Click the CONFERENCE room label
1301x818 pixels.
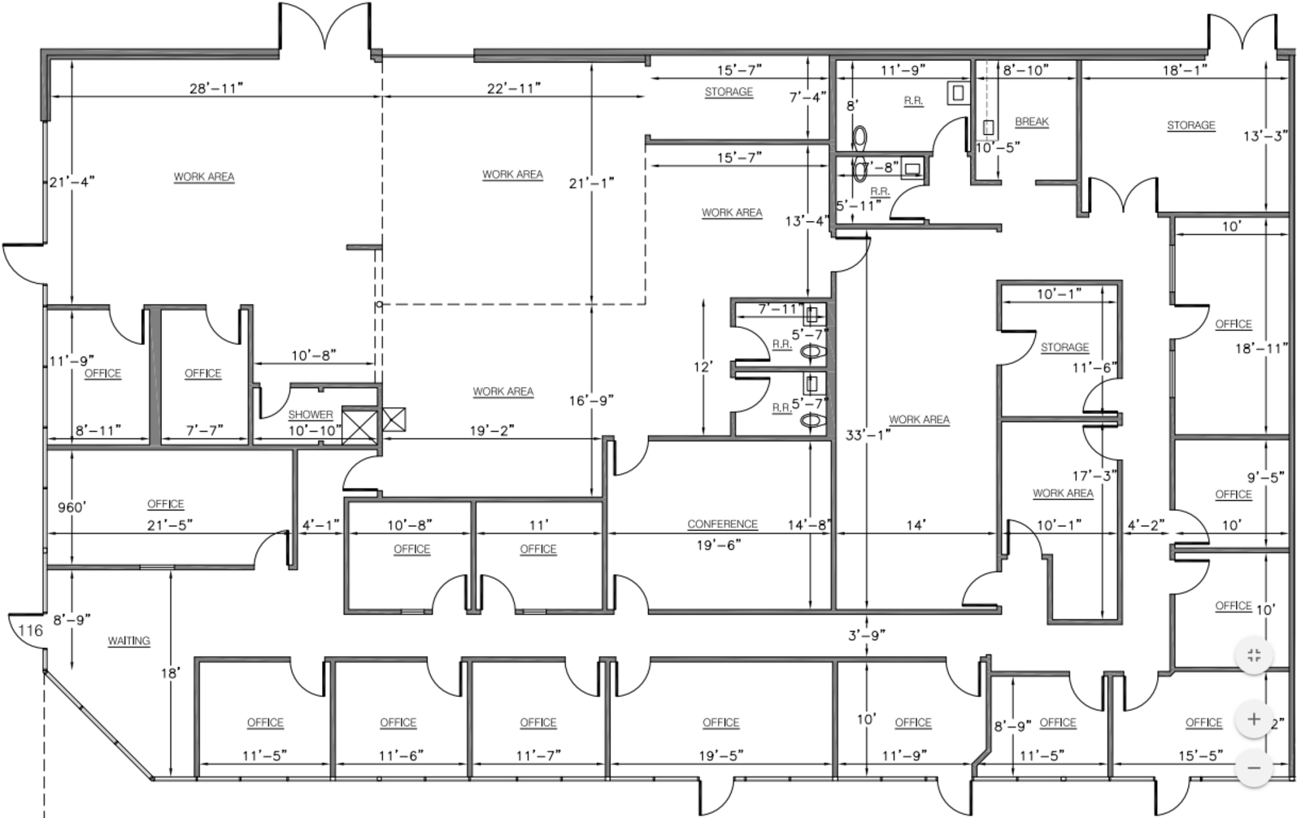(x=723, y=524)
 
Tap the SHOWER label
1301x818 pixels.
(x=311, y=415)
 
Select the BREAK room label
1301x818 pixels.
(x=1032, y=122)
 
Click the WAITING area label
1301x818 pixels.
(x=129, y=641)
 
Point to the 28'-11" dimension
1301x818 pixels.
(x=216, y=89)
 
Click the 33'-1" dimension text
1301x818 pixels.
(x=868, y=435)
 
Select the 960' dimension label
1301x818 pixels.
(x=72, y=507)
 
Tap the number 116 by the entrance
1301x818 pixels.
(x=31, y=630)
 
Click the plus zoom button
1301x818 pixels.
(x=1254, y=720)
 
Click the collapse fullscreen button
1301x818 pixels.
(x=1254, y=656)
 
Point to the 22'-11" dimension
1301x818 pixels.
(x=514, y=89)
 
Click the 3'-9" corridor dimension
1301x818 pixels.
(x=867, y=636)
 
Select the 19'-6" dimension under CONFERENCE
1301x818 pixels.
(x=719, y=545)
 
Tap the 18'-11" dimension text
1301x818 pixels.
(x=1260, y=349)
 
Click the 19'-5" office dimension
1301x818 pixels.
(x=721, y=756)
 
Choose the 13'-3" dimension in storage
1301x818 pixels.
(x=1265, y=137)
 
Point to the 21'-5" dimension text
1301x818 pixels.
(x=170, y=525)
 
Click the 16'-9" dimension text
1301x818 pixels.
(x=591, y=401)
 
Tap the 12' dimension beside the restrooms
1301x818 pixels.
(x=703, y=368)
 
